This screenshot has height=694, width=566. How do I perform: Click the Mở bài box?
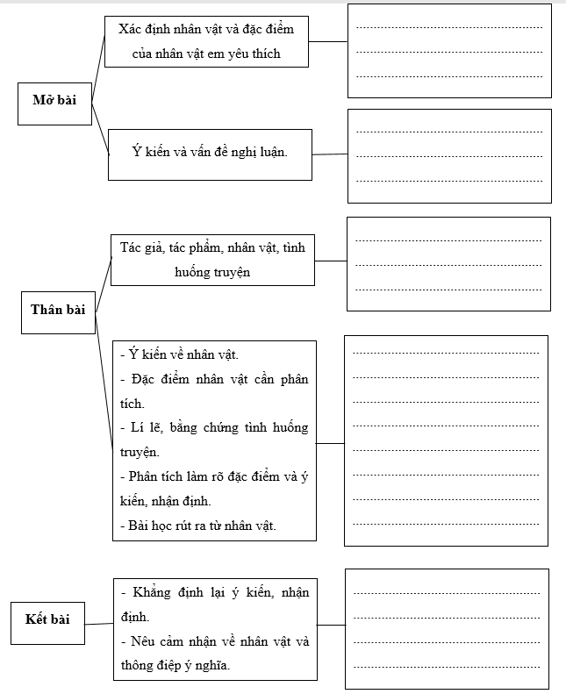[x=54, y=100]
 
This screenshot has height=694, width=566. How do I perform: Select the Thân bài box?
[x=58, y=309]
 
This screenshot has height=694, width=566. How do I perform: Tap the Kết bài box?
[x=48, y=620]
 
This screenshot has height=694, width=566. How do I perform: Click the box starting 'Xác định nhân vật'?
[x=206, y=41]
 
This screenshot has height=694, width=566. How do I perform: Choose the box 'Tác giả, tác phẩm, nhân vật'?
[x=212, y=260]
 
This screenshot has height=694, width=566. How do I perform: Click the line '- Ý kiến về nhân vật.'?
[x=179, y=354]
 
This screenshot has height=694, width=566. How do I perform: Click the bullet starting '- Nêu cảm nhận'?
[x=214, y=641]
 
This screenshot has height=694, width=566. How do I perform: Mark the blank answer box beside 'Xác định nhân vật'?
[x=449, y=51]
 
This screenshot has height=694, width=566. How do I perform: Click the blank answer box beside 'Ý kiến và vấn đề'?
[x=449, y=155]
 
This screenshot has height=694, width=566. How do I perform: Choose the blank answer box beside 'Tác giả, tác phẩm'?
[x=448, y=263]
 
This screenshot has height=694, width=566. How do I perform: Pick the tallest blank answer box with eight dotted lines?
[x=446, y=440]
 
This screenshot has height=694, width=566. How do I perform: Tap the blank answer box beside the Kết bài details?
[x=447, y=628]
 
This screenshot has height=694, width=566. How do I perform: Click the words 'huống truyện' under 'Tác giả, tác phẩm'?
[x=212, y=272]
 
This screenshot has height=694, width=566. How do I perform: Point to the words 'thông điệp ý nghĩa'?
[x=176, y=666]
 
